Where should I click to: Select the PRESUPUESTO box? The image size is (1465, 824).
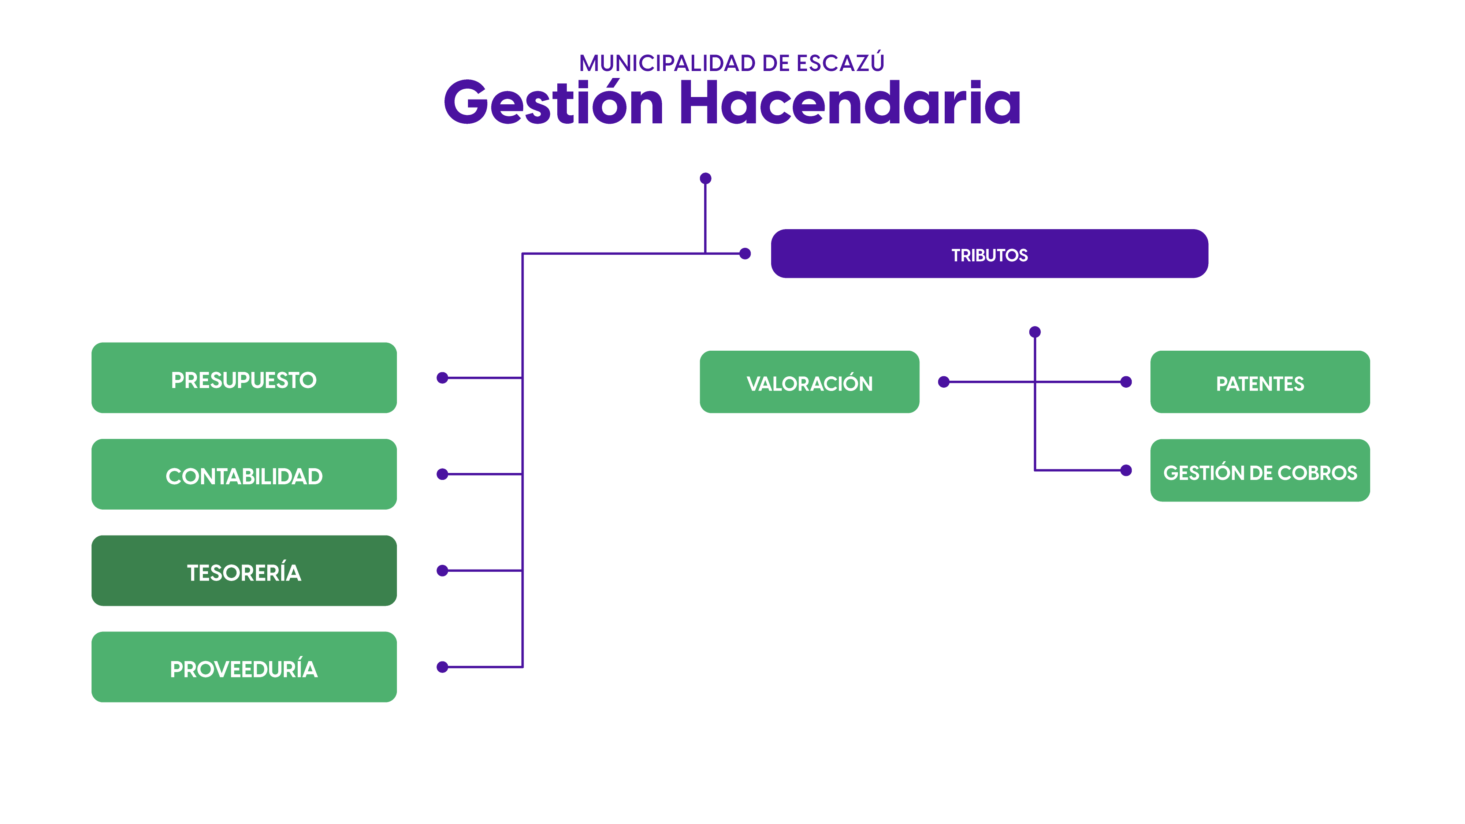tap(244, 378)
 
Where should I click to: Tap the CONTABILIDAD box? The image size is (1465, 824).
tap(244, 474)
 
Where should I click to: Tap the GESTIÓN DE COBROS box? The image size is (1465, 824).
tap(1260, 470)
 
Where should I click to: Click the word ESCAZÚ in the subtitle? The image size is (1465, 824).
tap(841, 63)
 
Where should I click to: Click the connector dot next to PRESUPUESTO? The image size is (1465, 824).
tap(442, 378)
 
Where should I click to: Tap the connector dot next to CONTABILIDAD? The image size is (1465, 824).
tap(442, 474)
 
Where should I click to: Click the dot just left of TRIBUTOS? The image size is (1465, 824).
tap(745, 254)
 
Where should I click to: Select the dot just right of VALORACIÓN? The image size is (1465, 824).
tap(944, 382)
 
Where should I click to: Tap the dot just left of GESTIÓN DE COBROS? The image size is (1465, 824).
tap(1126, 470)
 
